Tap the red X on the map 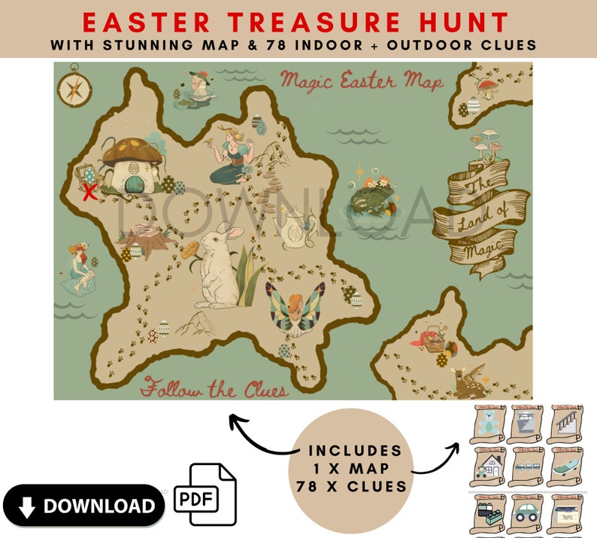(89, 192)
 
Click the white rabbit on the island (216, 267)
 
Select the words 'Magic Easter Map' (360, 81)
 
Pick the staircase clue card (566, 425)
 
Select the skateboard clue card (566, 467)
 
